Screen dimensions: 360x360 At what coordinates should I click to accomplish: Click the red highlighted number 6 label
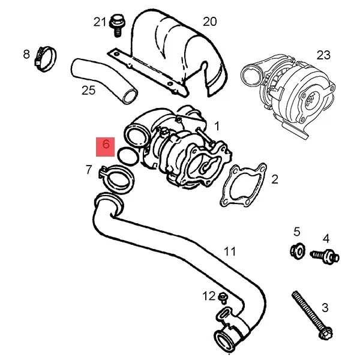tap(106, 145)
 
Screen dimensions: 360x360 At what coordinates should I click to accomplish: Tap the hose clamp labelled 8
tap(45, 58)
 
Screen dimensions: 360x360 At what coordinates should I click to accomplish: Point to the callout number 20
tap(209, 22)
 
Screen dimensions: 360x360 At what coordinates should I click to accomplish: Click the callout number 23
tap(323, 55)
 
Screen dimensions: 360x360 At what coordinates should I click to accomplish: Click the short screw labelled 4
tap(325, 256)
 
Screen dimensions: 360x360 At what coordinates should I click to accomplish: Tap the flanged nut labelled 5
tap(296, 250)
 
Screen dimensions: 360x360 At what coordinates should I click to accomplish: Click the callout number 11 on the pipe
tap(230, 251)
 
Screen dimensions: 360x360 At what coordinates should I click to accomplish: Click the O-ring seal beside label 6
tap(127, 155)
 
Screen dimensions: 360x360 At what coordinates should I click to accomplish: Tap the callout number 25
tap(88, 91)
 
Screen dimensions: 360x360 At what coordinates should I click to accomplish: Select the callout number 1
tap(217, 126)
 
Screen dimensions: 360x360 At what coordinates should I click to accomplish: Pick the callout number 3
tap(325, 308)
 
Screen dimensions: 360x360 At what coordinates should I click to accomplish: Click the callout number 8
tap(26, 55)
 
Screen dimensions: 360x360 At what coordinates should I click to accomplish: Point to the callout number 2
tap(275, 179)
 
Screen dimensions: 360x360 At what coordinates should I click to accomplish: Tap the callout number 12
tap(208, 296)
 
